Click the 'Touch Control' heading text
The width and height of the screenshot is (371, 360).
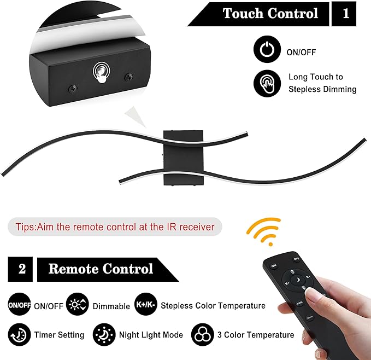pyautogui.click(x=270, y=14)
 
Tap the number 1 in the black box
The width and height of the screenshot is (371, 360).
pyautogui.click(x=345, y=14)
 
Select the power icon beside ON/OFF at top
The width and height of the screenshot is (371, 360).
pyautogui.click(x=267, y=51)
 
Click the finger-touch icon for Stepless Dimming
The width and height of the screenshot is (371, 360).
pyautogui.click(x=267, y=83)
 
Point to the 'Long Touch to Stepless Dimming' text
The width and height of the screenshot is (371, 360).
pyautogui.click(x=322, y=83)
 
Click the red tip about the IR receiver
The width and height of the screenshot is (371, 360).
pyautogui.click(x=115, y=227)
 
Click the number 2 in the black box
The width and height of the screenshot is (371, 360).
pyautogui.click(x=22, y=269)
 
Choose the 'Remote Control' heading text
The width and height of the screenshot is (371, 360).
pyautogui.click(x=101, y=269)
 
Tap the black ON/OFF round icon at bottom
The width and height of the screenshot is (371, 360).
pyautogui.click(x=19, y=305)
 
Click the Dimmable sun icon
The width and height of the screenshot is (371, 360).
pyautogui.click(x=77, y=305)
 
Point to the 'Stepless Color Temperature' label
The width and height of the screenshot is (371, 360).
pyautogui.click(x=213, y=306)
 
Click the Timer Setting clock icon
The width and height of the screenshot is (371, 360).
pyautogui.click(x=19, y=334)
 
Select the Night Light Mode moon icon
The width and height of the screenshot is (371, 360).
pyautogui.click(x=103, y=334)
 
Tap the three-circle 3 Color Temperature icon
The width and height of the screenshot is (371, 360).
pyautogui.click(x=202, y=334)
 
